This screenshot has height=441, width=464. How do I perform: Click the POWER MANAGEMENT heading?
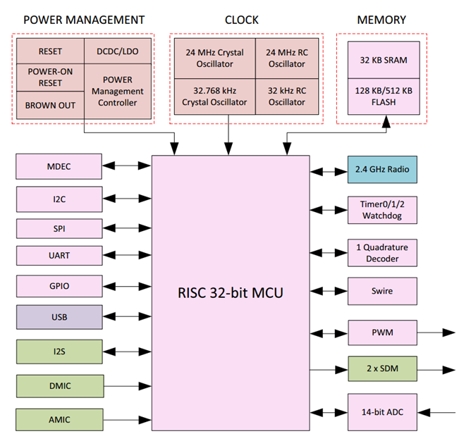point(84,20)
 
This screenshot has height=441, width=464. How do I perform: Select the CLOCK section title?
point(241,20)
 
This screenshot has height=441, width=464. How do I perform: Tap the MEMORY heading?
point(381,20)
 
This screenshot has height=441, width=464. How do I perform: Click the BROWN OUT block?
point(50,105)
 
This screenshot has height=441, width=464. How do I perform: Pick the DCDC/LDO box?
point(118,51)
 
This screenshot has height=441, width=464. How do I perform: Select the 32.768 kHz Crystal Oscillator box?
point(214,97)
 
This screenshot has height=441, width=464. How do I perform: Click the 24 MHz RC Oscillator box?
point(286,58)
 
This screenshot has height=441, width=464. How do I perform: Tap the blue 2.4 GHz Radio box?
point(382,170)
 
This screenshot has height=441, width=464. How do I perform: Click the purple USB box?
point(59,317)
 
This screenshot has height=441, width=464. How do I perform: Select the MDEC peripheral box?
point(59,167)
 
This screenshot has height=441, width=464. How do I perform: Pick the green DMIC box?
point(59,385)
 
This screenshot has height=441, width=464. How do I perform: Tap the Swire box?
point(382,291)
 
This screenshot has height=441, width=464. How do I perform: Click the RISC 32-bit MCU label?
point(231,292)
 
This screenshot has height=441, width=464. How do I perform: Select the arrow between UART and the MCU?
point(127,255)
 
